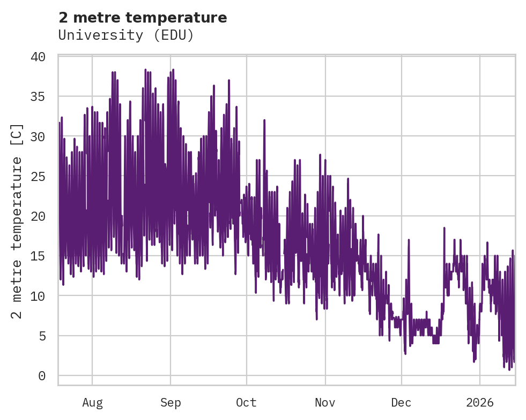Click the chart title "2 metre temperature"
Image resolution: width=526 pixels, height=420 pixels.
click(x=143, y=18)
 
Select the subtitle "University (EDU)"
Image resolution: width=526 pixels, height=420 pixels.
click(x=126, y=35)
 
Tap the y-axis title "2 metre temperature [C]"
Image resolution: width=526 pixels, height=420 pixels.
click(x=18, y=221)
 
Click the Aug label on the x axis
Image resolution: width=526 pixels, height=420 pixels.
click(x=92, y=403)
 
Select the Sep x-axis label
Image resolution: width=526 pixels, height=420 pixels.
click(x=171, y=403)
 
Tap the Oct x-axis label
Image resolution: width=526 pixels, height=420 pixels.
click(x=247, y=403)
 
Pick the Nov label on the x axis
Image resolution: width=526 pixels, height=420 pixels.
click(x=325, y=403)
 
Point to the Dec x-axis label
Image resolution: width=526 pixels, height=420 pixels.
click(x=402, y=403)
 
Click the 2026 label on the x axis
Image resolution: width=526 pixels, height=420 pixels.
click(x=480, y=403)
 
